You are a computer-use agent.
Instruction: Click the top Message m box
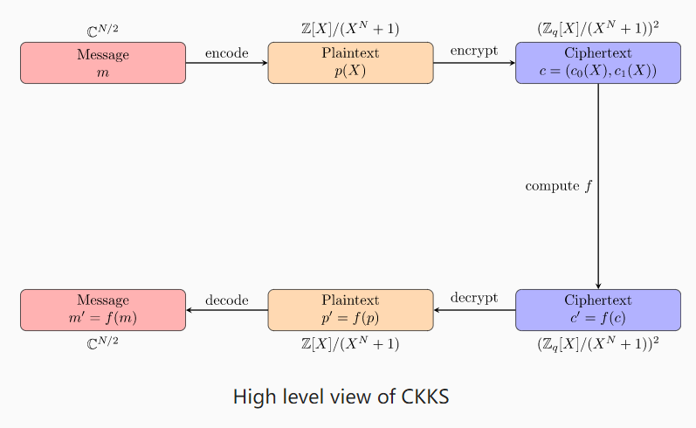pos(103,63)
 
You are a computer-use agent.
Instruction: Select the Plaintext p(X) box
pos(350,63)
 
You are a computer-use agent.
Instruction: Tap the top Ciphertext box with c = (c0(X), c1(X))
pos(597,63)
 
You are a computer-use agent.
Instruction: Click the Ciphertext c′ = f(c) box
pos(597,309)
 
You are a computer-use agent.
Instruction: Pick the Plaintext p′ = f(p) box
pos(350,309)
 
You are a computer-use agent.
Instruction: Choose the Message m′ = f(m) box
pos(103,309)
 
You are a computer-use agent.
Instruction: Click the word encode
pos(226,53)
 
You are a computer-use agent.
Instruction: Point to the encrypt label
pos(474,52)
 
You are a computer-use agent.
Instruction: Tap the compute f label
pos(557,186)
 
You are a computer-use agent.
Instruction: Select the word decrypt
pos(474,299)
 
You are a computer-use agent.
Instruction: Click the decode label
pos(226,300)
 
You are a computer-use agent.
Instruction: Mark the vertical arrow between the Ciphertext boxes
pos(597,227)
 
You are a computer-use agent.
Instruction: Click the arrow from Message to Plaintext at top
pos(226,64)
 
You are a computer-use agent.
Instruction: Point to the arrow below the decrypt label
pos(474,310)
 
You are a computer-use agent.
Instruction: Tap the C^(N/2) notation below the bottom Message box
pos(102,342)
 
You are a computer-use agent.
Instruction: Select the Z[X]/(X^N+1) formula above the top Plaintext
pos(349,30)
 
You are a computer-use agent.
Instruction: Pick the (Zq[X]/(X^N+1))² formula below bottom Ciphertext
pos(597,343)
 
